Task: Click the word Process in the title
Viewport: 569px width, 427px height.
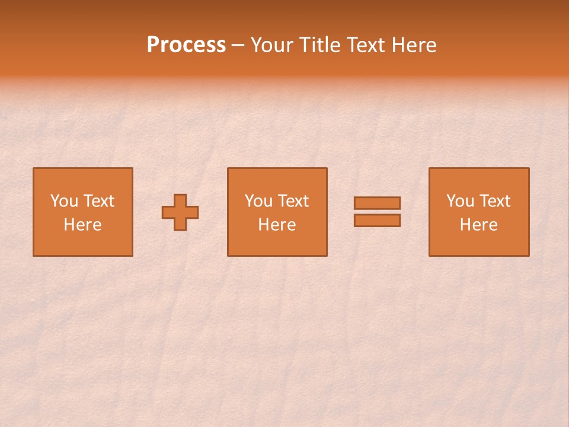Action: (x=186, y=45)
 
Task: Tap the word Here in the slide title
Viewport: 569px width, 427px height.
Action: (x=413, y=45)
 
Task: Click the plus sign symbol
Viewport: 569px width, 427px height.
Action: (x=180, y=212)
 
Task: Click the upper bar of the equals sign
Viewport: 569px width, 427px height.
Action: (x=377, y=203)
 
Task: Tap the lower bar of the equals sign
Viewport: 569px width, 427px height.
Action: (x=377, y=221)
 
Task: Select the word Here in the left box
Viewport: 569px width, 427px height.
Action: (x=82, y=225)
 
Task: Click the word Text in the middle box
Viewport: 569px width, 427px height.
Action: (x=293, y=201)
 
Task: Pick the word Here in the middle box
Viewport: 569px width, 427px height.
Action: (x=277, y=225)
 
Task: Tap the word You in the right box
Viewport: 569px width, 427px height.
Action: (x=459, y=201)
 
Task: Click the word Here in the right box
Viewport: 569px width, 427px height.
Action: (x=478, y=225)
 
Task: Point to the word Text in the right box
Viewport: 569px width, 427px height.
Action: (x=495, y=201)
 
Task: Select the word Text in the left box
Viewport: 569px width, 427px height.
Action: (x=98, y=201)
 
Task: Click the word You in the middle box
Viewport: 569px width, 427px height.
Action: (x=258, y=201)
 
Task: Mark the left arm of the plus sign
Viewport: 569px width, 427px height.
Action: (x=168, y=212)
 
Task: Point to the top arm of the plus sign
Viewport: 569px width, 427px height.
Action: (x=180, y=200)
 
